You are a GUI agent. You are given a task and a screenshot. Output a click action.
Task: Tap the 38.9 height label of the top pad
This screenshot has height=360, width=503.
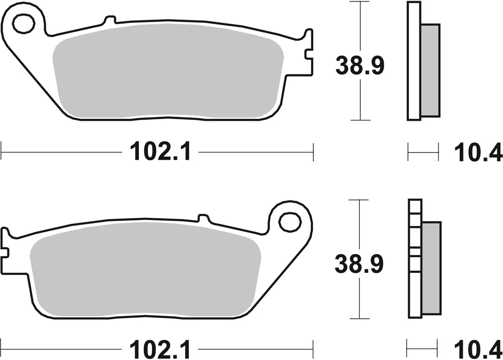coord(360,66)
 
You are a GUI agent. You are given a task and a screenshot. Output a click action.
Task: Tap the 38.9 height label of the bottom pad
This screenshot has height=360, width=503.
coord(360,263)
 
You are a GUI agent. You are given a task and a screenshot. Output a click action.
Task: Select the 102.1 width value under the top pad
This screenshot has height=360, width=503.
coord(160,151)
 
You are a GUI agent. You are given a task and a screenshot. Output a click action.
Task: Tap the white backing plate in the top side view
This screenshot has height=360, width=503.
coord(413,60)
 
